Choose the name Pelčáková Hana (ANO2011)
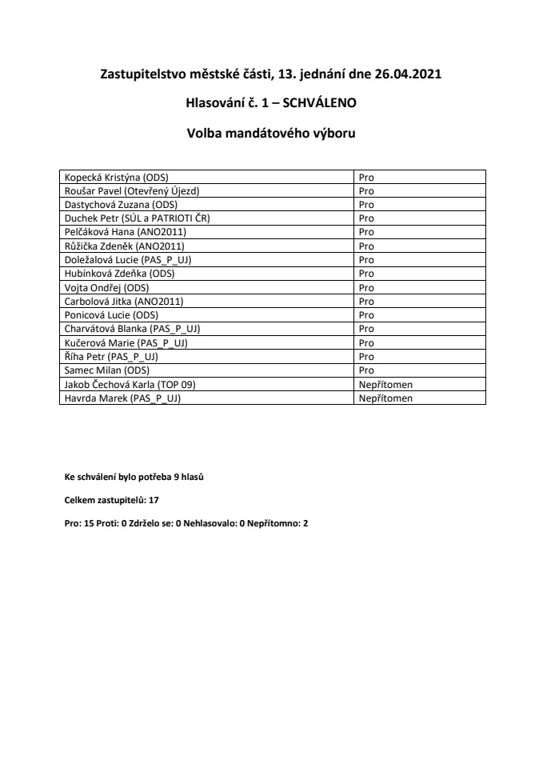pos(125,231)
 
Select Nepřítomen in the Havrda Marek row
pos(385,398)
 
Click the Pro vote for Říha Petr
pos(366,357)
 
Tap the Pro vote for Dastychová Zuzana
pos(366,204)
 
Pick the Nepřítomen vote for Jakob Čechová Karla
pos(385,384)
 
